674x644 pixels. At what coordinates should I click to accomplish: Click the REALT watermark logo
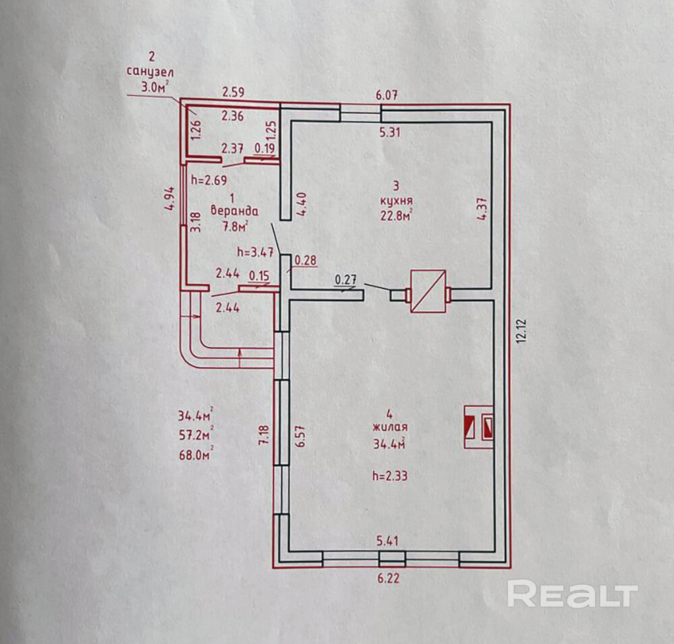pyautogui.click(x=572, y=594)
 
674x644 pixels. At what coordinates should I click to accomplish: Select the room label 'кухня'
pyautogui.click(x=397, y=201)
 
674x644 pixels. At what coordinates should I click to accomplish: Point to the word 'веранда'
pyautogui.click(x=235, y=212)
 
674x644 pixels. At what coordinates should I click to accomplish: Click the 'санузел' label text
pyautogui.click(x=150, y=72)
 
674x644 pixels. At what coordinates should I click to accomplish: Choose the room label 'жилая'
pyautogui.click(x=390, y=428)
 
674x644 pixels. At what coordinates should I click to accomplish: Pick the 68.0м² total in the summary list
pyautogui.click(x=196, y=454)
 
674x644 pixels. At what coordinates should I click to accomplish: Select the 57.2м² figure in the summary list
pyautogui.click(x=196, y=434)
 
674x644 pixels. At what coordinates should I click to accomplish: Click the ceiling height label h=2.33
pyautogui.click(x=390, y=476)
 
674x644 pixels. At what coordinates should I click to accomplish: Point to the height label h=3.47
pyautogui.click(x=255, y=252)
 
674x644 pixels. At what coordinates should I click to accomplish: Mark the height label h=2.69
pyautogui.click(x=209, y=180)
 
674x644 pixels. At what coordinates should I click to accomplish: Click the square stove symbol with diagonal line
pyautogui.click(x=428, y=291)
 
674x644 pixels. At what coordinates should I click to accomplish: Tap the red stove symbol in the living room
pyautogui.click(x=479, y=427)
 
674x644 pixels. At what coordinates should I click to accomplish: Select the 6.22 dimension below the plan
pyautogui.click(x=389, y=578)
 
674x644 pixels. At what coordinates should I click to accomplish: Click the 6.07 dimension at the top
pyautogui.click(x=386, y=95)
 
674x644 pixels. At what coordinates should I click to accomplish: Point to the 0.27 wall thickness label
pyautogui.click(x=346, y=280)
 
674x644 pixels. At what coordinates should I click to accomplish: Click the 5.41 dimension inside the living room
pyautogui.click(x=388, y=541)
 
